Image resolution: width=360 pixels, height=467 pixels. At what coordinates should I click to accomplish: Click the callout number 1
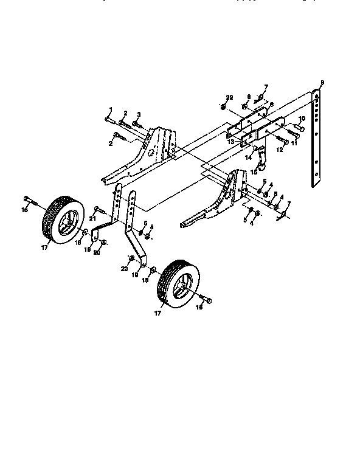pos(111,109)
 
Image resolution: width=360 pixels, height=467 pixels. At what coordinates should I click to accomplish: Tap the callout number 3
pos(139,114)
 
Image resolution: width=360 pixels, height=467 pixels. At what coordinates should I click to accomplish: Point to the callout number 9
pos(322,82)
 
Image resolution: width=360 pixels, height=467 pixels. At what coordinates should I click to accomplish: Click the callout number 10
pos(301,119)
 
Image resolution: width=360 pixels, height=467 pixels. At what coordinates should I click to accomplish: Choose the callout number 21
pos(93,217)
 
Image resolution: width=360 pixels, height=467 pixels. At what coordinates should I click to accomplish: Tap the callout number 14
pos(248,156)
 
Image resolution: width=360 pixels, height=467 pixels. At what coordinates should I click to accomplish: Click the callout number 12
pos(280,149)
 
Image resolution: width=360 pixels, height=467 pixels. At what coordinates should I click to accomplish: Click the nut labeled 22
pos(224,108)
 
